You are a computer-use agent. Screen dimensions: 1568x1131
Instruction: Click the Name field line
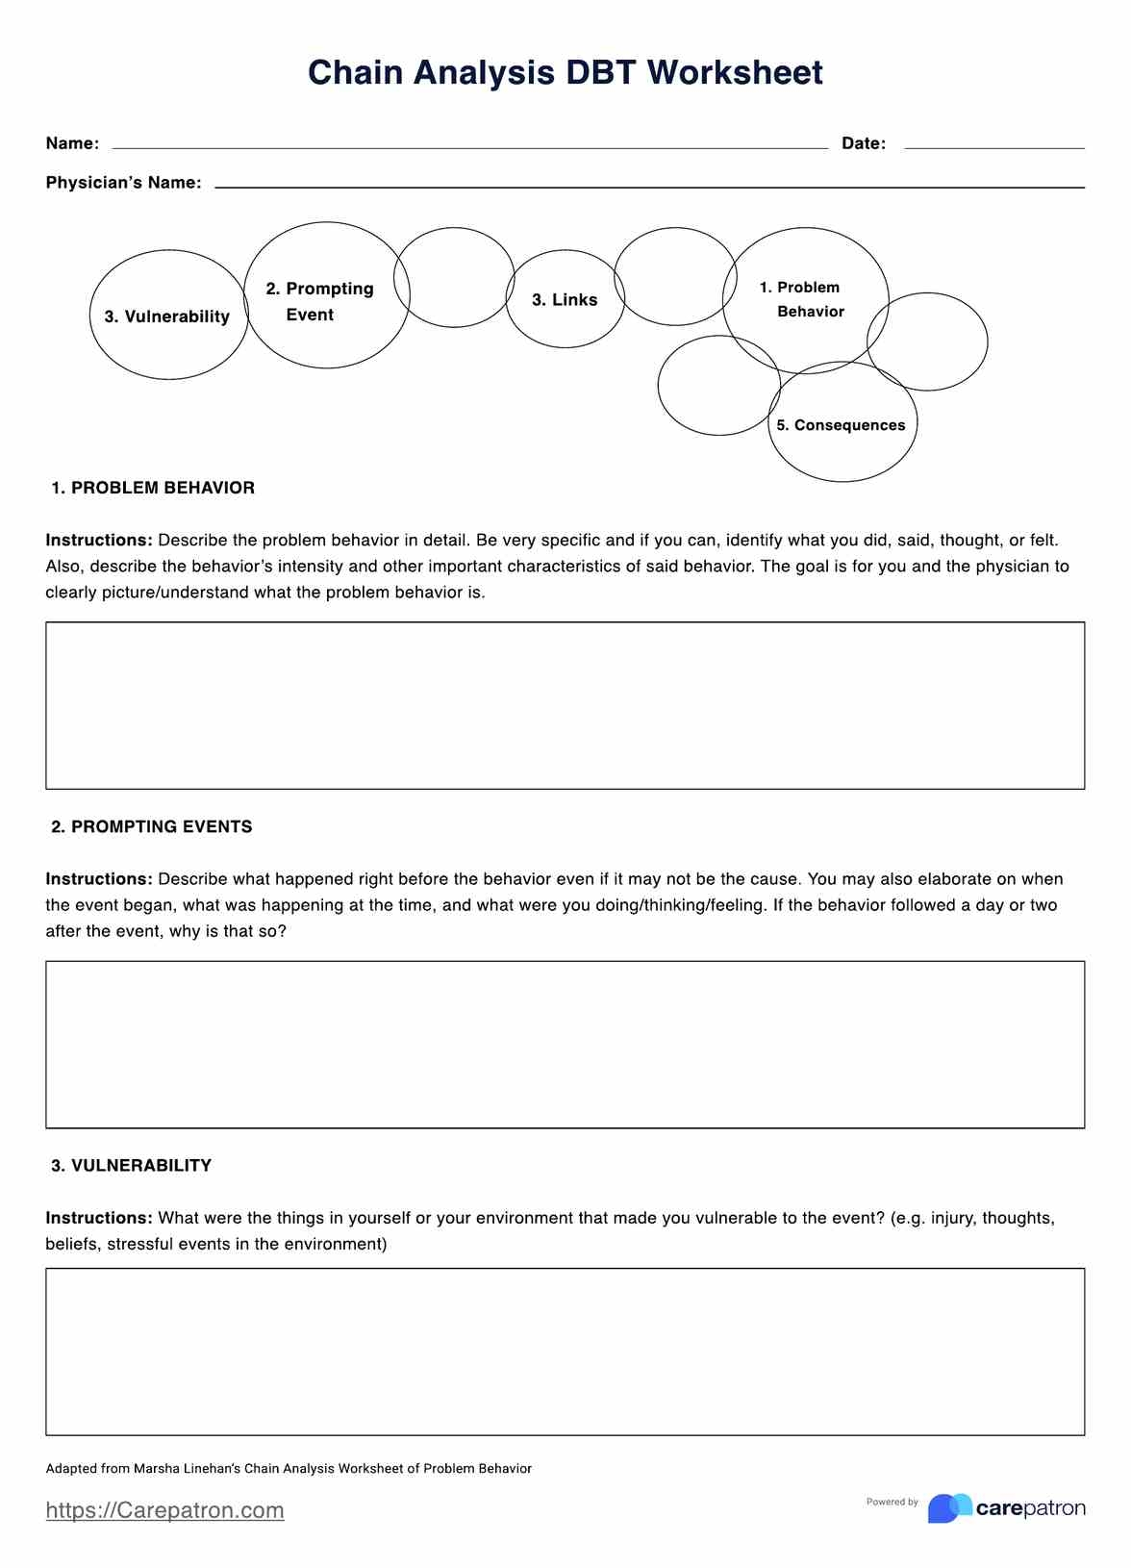[469, 146]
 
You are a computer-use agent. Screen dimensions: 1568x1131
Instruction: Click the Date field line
[993, 146]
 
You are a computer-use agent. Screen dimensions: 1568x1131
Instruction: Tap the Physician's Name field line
[649, 186]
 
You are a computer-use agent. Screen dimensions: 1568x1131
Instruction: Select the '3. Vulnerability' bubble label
[167, 316]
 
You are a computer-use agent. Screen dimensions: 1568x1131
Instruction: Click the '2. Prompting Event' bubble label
[319, 301]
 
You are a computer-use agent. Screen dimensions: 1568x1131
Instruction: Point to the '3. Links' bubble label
[565, 300]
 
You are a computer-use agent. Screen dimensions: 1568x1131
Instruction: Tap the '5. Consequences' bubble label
[841, 425]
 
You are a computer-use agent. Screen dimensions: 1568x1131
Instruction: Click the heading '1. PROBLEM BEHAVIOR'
[153, 488]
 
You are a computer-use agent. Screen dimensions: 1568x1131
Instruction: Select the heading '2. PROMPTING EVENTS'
[152, 826]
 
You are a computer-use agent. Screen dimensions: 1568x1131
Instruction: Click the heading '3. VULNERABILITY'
[131, 1165]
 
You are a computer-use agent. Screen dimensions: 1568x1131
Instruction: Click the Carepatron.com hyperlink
[164, 1510]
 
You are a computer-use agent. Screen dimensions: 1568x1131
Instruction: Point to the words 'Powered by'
[892, 1502]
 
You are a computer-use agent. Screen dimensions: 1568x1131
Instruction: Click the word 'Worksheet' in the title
[735, 73]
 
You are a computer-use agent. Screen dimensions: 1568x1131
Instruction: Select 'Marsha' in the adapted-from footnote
[156, 1469]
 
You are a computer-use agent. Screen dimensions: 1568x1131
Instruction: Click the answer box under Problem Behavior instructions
[565, 705]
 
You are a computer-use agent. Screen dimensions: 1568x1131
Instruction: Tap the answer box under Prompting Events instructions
[565, 1044]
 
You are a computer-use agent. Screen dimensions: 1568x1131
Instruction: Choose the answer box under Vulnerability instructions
[565, 1352]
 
